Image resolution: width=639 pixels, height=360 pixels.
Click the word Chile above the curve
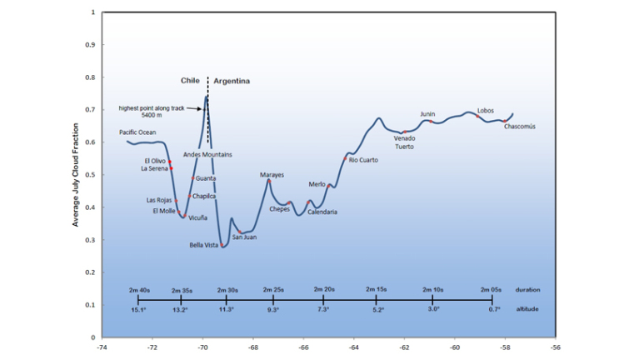click(x=192, y=81)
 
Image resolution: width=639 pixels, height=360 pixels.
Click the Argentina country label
click(x=232, y=81)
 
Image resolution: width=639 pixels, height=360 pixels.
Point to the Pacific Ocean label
click(x=137, y=132)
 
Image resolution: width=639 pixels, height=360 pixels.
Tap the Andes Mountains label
click(x=207, y=154)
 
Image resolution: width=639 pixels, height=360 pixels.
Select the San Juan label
click(x=244, y=237)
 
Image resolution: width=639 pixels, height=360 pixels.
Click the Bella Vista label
click(x=204, y=245)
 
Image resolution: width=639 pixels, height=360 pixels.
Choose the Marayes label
click(x=272, y=175)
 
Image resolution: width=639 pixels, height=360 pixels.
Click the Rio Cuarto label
click(x=363, y=159)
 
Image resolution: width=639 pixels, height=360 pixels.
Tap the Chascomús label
click(x=520, y=127)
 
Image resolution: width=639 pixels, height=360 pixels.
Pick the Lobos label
click(x=486, y=110)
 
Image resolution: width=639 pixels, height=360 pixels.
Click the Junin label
click(x=427, y=114)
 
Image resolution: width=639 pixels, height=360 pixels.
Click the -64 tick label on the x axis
click(x=354, y=347)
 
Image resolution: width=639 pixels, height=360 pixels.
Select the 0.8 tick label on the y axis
click(x=89, y=77)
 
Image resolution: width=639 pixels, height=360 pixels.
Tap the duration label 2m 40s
click(x=139, y=289)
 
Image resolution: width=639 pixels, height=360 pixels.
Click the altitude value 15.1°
click(x=138, y=309)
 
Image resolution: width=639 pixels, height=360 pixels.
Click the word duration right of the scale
click(x=527, y=289)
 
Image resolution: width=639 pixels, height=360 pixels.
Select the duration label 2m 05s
click(x=492, y=289)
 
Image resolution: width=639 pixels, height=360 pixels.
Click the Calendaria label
click(x=322, y=212)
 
